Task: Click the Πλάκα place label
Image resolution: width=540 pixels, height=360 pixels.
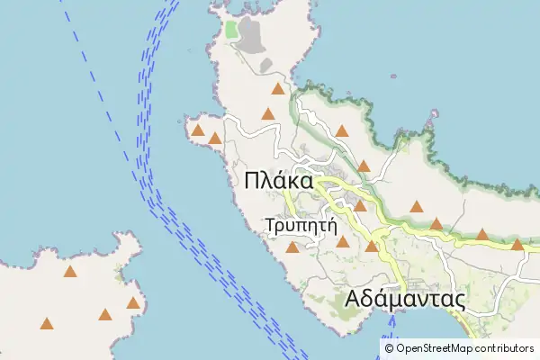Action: [x=278, y=181]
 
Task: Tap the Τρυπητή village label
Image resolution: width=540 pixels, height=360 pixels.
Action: [x=301, y=225]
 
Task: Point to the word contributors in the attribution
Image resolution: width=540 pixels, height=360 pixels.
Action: [x=506, y=348]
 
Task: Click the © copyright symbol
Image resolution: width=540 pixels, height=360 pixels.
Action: [x=389, y=348]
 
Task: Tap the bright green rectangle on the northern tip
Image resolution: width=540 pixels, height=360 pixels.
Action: [x=232, y=30]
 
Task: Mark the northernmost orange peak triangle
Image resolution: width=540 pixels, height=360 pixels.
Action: [x=278, y=88]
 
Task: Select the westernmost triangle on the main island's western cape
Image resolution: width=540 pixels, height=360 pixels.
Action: [x=197, y=130]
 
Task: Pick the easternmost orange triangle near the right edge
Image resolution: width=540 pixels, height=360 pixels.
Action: [x=517, y=244]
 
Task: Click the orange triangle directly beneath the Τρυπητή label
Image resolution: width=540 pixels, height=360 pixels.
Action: [x=292, y=247]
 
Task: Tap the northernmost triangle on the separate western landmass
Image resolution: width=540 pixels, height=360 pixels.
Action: [x=70, y=271]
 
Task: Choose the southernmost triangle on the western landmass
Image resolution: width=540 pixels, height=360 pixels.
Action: [x=46, y=323]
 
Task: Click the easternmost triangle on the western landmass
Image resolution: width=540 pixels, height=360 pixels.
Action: [x=133, y=302]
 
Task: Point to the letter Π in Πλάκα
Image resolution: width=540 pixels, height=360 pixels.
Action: [x=253, y=181]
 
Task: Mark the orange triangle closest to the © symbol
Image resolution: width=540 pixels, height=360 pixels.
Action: [x=371, y=246]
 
